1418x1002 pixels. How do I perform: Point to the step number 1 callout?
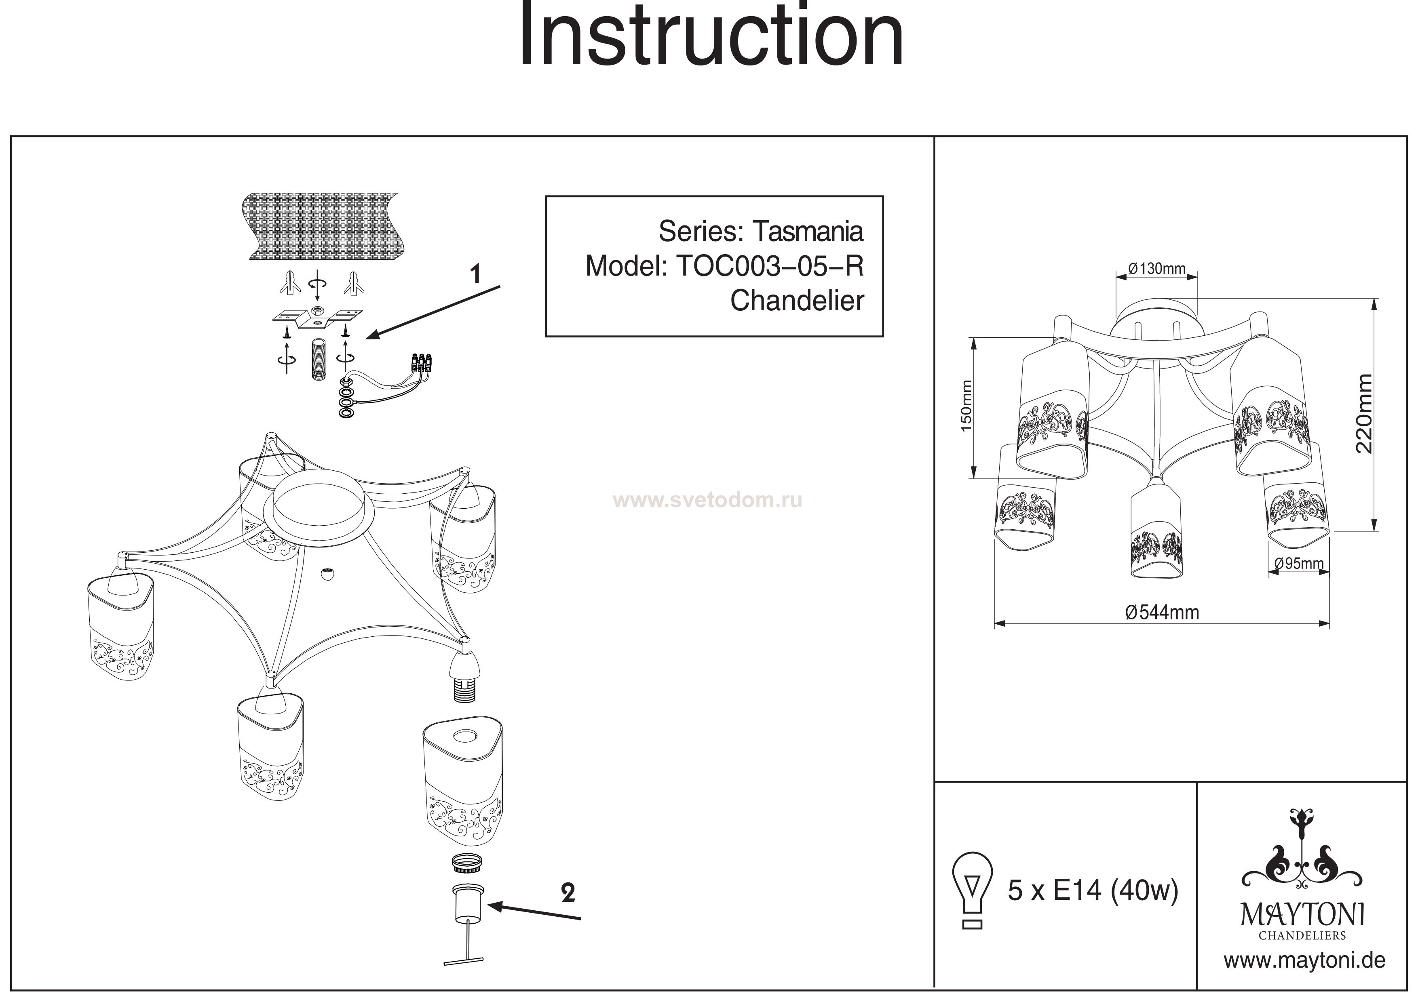click(475, 274)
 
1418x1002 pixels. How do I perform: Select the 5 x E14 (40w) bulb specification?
click(1093, 890)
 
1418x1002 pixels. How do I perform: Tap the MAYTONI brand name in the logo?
click(1303, 915)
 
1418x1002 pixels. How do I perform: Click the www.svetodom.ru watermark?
click(709, 500)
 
